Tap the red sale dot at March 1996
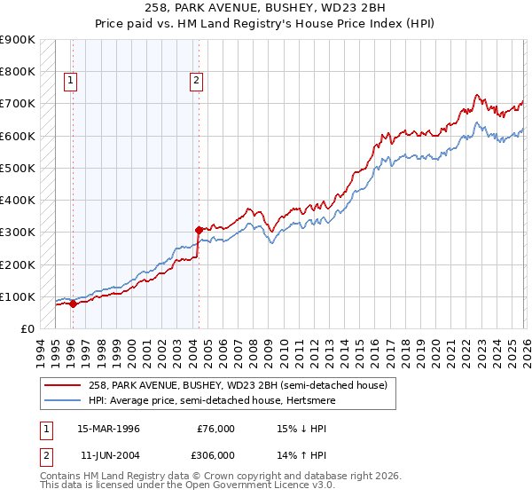tap(73, 304)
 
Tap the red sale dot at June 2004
tap(199, 229)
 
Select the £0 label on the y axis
tap(27, 328)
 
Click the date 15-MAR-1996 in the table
tap(108, 429)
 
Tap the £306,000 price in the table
tap(215, 454)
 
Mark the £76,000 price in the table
tap(215, 429)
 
